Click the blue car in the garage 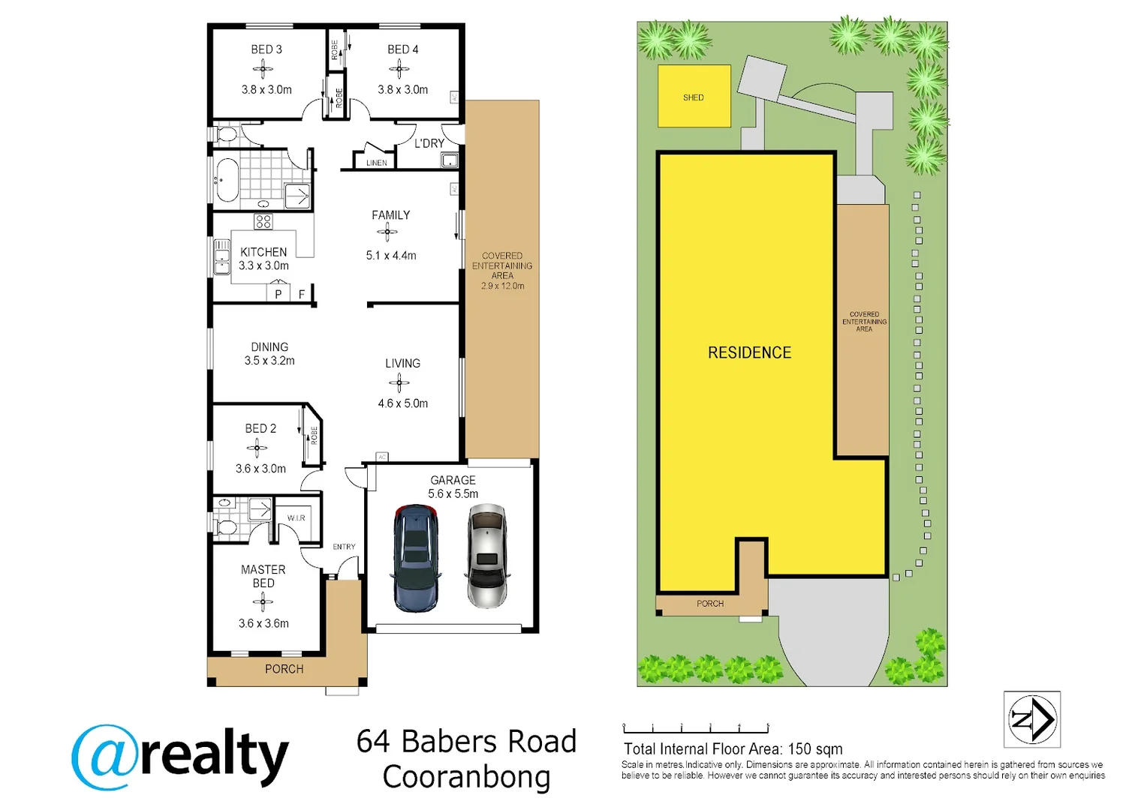(415, 558)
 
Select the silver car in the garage (487, 556)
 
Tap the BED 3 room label (266, 49)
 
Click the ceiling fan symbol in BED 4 (399, 70)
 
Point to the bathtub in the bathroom (227, 180)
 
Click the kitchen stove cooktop (263, 221)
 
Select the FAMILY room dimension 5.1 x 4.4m (391, 256)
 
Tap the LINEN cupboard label (377, 163)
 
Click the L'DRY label (429, 143)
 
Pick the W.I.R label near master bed (296, 518)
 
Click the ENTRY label (344, 547)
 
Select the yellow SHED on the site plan (694, 96)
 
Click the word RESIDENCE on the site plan (749, 352)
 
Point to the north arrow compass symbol (1032, 719)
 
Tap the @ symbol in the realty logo (106, 757)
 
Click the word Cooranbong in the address (466, 777)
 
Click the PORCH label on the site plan (710, 604)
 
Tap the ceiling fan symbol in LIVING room (399, 383)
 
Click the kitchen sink (222, 256)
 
